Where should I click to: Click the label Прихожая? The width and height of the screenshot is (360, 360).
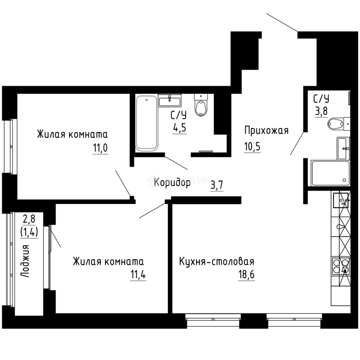coord(266,130)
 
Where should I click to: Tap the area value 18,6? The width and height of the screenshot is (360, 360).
coord(246,276)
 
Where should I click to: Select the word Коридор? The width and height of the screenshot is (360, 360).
coord(172,182)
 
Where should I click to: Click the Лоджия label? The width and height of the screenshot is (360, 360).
coord(25,261)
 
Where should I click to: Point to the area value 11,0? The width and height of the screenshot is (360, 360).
coord(100,148)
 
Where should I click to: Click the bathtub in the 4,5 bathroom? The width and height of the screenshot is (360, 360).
coord(146,122)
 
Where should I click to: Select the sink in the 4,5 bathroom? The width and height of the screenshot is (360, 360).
coord(170,100)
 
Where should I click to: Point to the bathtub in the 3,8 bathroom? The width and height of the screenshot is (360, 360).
coord(330,173)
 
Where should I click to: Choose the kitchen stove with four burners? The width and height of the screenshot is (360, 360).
coord(340,266)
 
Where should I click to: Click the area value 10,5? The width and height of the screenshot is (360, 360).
coord(252,147)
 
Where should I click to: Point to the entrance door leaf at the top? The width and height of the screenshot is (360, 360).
coord(282,23)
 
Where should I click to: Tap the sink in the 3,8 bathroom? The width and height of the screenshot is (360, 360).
coord(343,148)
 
